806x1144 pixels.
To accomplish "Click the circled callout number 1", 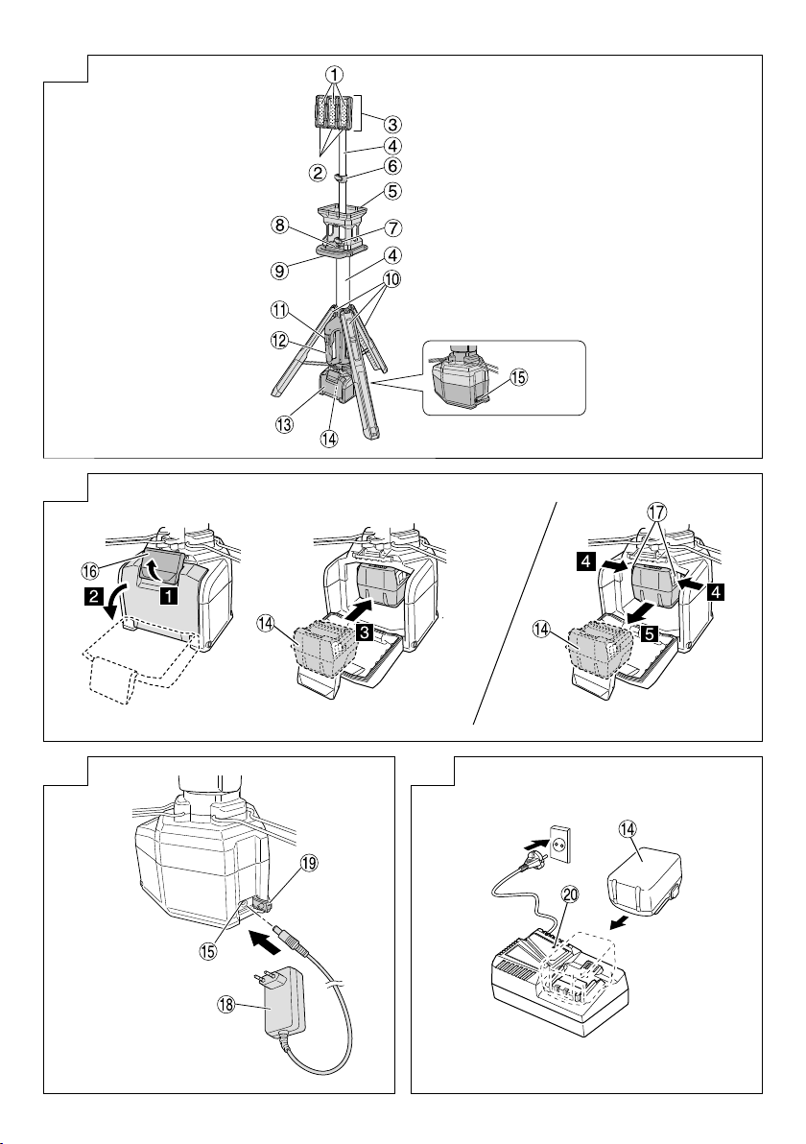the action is click(334, 74).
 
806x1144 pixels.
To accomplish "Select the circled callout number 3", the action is click(392, 124).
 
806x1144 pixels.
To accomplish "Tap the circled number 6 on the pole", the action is click(392, 166).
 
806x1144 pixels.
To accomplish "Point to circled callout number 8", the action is click(279, 226).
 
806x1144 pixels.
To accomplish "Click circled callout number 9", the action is click(279, 270).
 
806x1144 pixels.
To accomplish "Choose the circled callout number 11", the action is click(279, 310).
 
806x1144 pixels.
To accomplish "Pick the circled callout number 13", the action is click(284, 424).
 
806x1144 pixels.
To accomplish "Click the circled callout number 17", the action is click(655, 512).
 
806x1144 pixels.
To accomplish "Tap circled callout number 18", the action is click(226, 1003).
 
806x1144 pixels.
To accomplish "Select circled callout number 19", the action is click(309, 863).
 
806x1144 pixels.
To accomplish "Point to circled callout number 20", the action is click(570, 895).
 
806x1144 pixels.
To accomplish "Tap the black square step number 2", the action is click(92, 598).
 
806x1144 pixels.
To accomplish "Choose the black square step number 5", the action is click(650, 634).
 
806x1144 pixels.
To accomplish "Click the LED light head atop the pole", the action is click(335, 119).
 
